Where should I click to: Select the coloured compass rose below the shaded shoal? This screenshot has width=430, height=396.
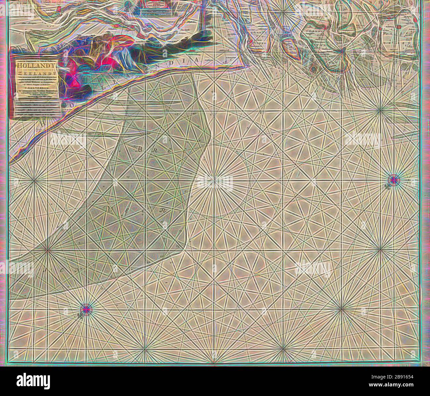[x=86, y=309]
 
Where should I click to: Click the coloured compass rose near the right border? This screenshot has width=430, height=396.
[x=394, y=179]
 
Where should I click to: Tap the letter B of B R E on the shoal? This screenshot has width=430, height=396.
[x=139, y=149]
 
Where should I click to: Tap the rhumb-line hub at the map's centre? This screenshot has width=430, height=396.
[x=214, y=181]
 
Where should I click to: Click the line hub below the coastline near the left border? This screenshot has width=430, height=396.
[x=34, y=180]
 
